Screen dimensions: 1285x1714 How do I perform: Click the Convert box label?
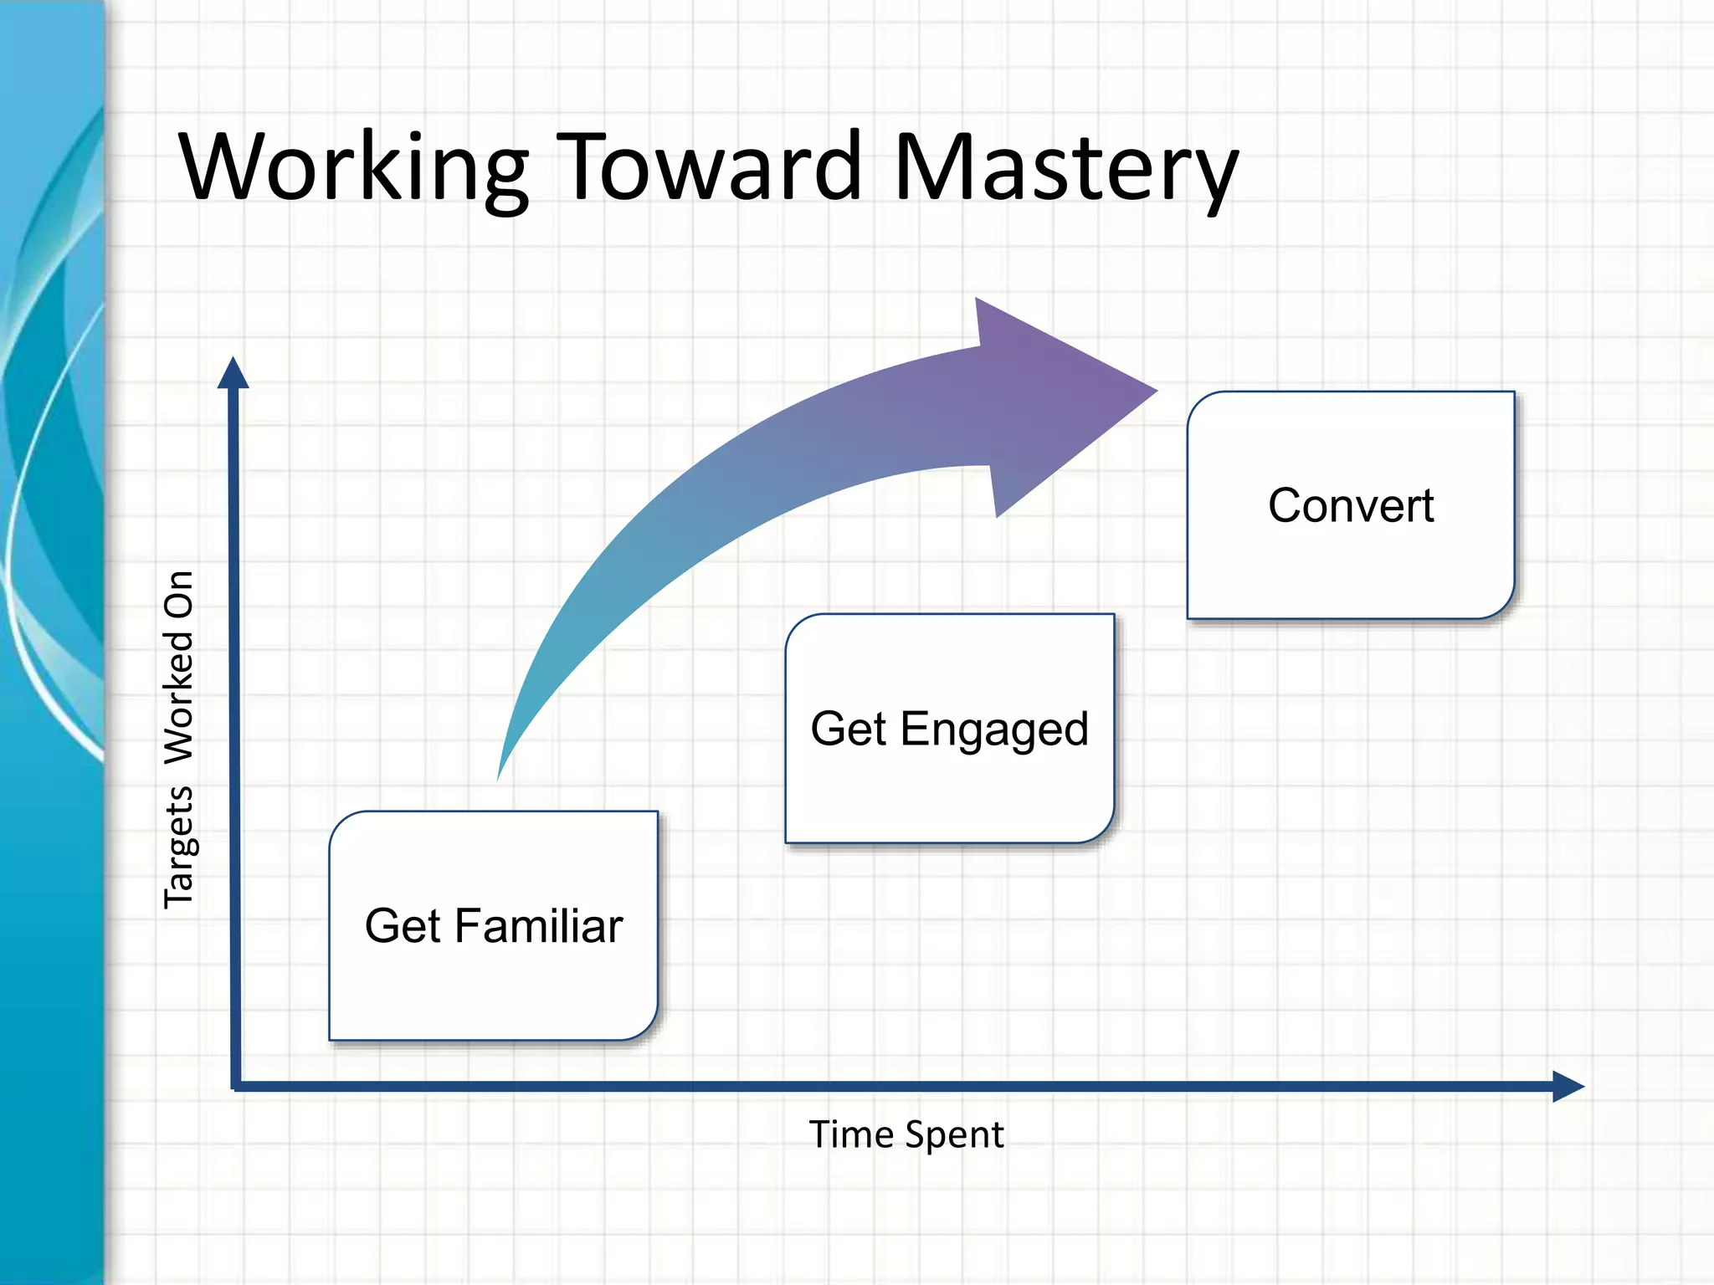click(1351, 506)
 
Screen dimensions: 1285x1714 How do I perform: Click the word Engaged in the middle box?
click(994, 730)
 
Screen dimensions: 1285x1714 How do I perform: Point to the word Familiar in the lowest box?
click(539, 926)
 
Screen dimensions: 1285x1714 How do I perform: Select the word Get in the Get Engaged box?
click(848, 729)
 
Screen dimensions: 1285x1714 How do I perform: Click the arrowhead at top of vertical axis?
click(233, 373)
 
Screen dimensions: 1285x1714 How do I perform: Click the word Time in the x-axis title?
click(851, 1135)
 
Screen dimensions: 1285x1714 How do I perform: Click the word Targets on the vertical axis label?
click(179, 847)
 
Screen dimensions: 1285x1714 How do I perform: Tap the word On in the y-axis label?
click(179, 595)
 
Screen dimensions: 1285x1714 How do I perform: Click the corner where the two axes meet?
click(235, 1086)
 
